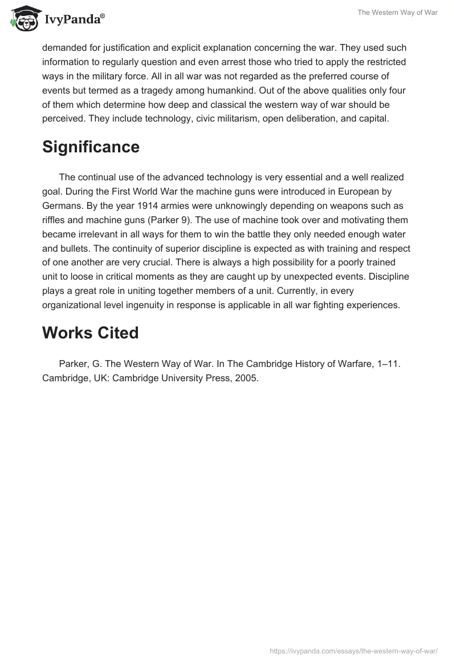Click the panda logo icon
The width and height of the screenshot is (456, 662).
click(x=23, y=19)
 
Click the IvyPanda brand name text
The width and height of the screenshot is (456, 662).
click(x=74, y=21)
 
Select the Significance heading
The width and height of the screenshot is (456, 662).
click(x=91, y=147)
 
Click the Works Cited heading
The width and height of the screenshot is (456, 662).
click(x=90, y=333)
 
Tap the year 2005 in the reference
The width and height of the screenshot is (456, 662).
click(x=247, y=378)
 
